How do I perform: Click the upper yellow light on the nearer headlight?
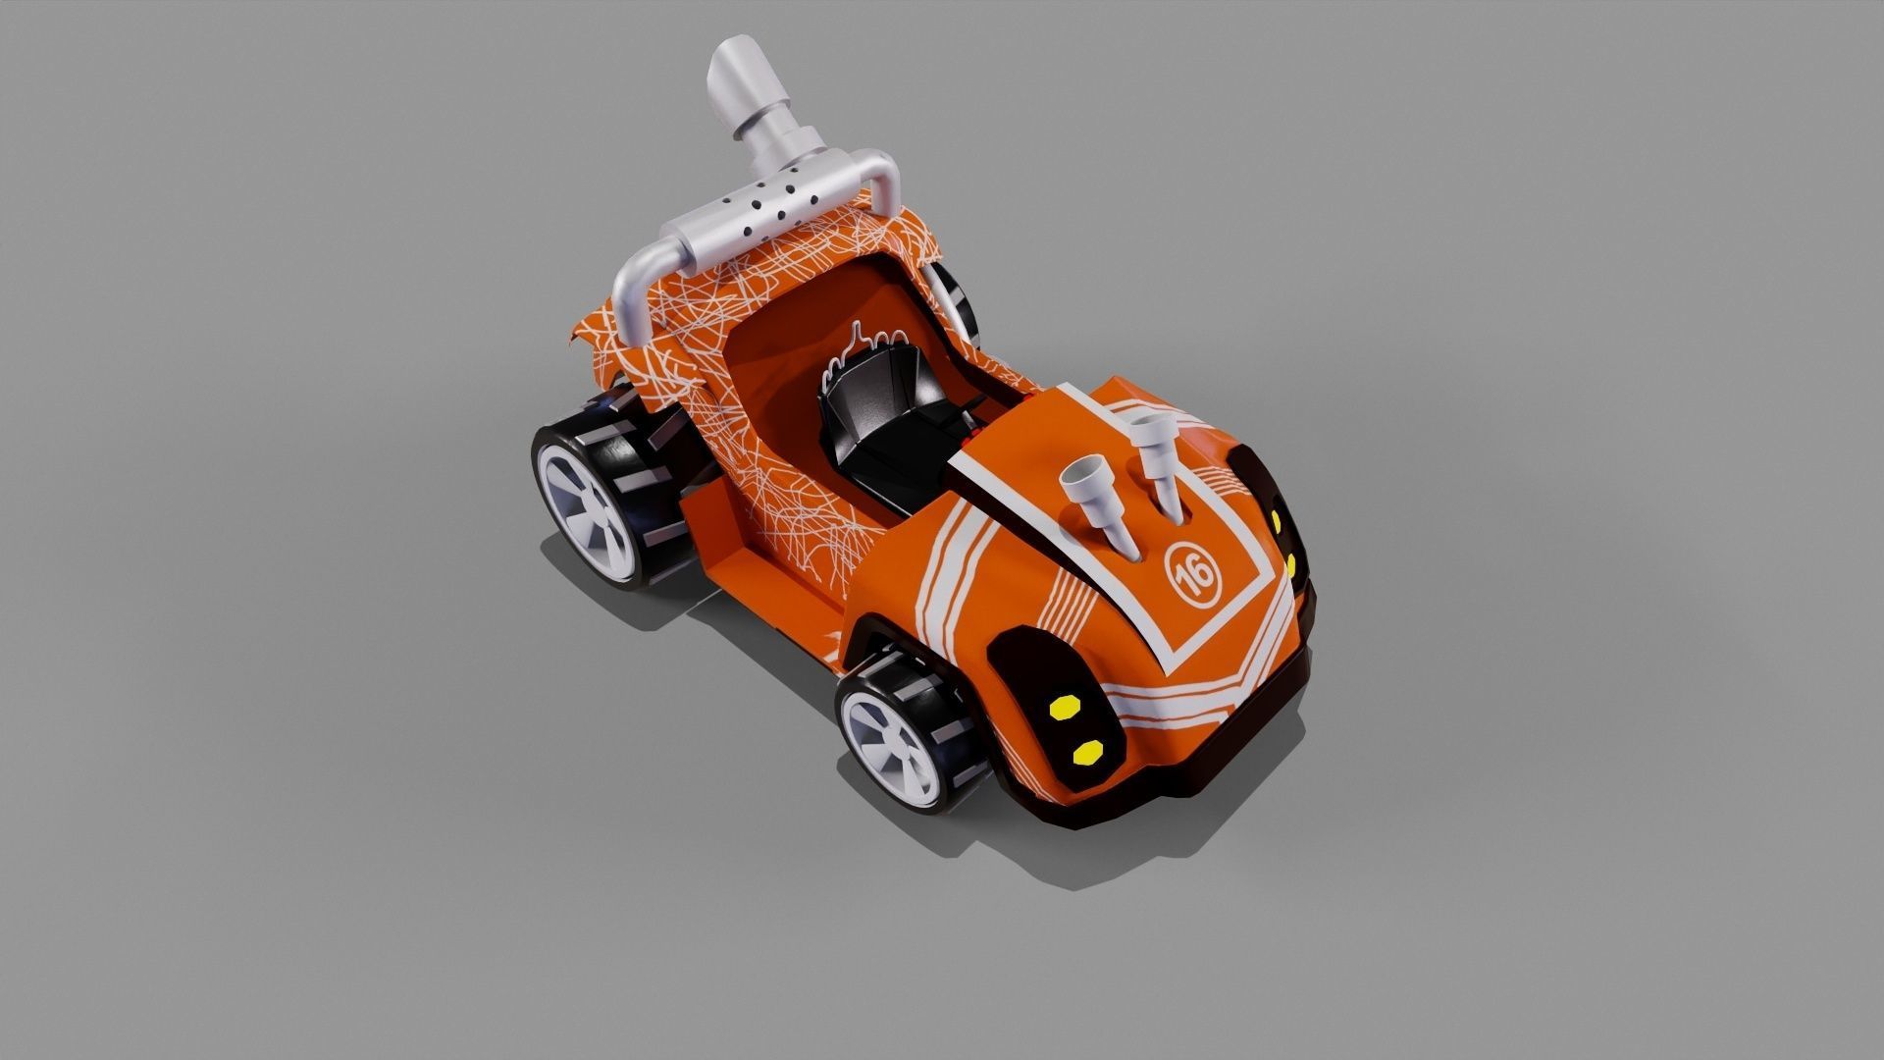1063,706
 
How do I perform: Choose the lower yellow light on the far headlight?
1290,566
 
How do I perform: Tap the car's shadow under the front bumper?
1128,844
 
